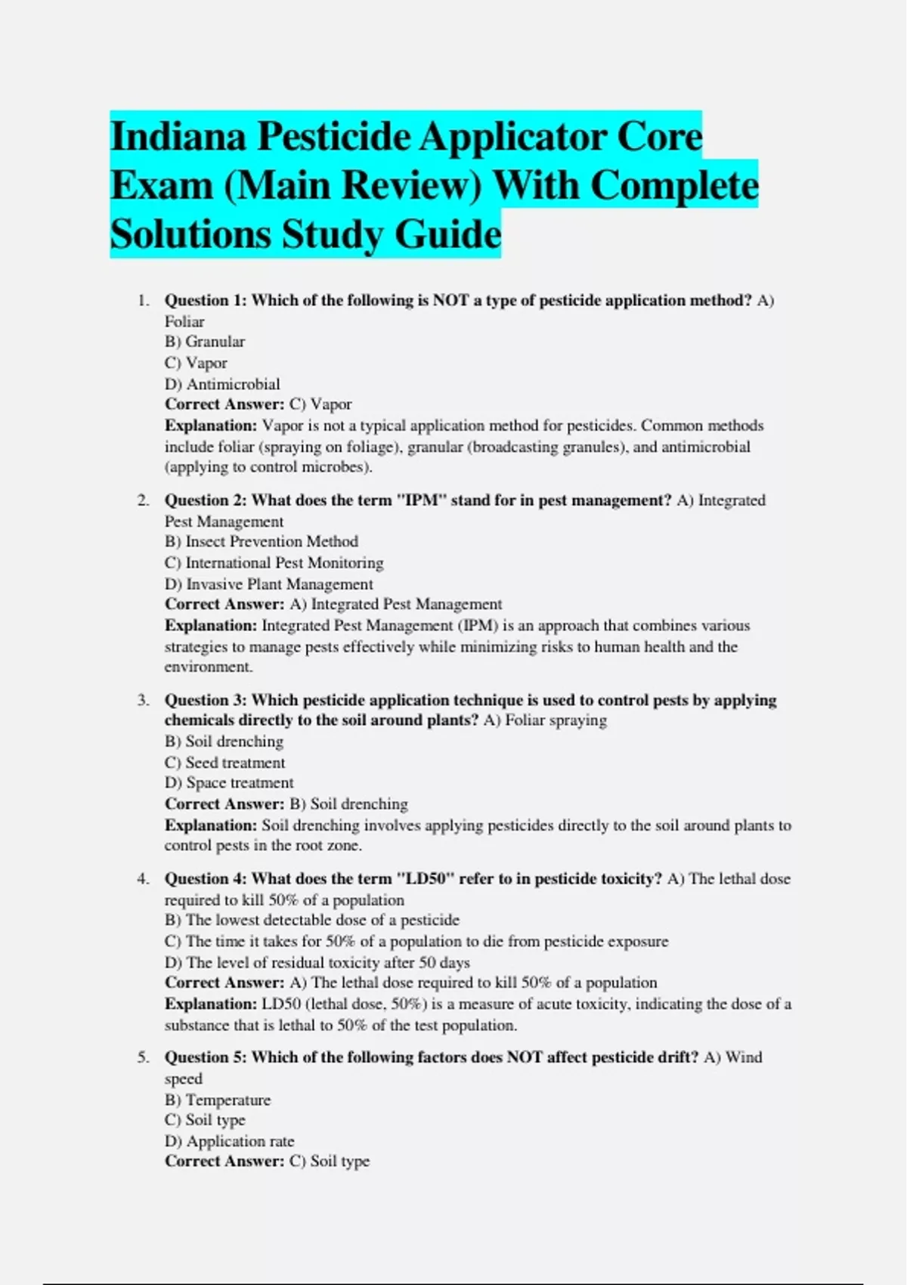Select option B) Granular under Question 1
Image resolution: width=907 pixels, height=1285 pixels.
[205, 342]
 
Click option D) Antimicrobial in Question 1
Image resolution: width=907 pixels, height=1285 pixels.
[222, 384]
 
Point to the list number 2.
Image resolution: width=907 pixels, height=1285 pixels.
[142, 500]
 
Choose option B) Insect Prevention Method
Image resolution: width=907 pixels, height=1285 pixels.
[262, 541]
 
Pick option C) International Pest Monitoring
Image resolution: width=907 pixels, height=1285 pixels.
[274, 562]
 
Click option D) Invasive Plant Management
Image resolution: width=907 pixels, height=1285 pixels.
[268, 584]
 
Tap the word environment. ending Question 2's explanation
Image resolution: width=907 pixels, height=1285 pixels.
[209, 667]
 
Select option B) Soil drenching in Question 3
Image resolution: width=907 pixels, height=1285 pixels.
[224, 742]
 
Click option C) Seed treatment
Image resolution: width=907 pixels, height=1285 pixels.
[224, 763]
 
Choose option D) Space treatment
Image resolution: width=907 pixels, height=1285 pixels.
[229, 783]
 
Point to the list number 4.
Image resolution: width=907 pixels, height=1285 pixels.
[142, 879]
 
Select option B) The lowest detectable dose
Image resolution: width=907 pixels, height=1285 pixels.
[312, 920]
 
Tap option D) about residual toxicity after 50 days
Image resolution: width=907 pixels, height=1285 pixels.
[317, 962]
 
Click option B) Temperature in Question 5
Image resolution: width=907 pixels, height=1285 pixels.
[218, 1100]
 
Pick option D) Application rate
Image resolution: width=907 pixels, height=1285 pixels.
[230, 1141]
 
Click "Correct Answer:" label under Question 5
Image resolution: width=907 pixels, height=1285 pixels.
[224, 1162]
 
